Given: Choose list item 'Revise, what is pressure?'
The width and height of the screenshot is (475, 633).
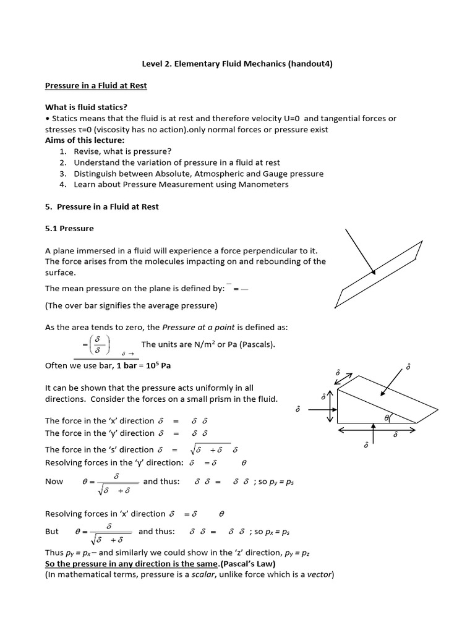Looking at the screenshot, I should pyautogui.click(x=122, y=151).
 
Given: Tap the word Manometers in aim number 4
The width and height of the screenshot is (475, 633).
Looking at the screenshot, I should pyautogui.click(x=262, y=184).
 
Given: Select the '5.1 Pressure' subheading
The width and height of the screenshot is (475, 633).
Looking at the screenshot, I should pyautogui.click(x=69, y=228).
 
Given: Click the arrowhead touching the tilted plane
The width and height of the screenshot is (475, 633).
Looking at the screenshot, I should pyautogui.click(x=372, y=271).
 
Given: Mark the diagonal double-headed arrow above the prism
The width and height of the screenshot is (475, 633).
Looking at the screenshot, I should pyautogui.click(x=343, y=378).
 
